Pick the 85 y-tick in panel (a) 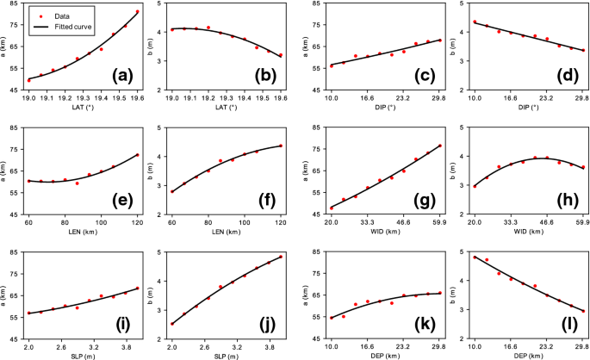15,6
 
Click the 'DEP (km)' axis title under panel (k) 379,356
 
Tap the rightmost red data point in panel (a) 137,11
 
